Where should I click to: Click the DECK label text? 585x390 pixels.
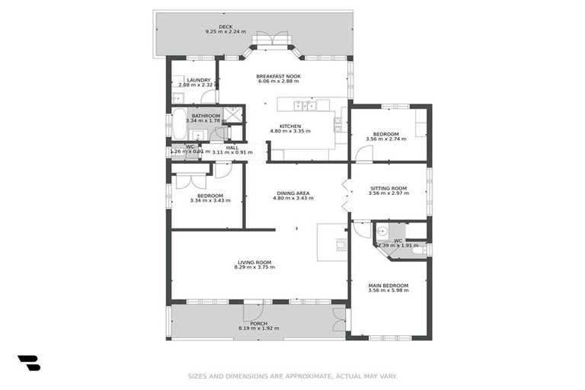point(225,27)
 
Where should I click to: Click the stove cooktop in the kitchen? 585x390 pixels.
point(337,124)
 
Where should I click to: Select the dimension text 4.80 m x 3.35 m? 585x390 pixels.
point(289,131)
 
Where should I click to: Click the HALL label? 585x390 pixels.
point(232,148)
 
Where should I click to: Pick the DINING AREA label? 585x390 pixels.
point(293,193)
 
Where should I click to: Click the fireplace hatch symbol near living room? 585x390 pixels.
point(341,245)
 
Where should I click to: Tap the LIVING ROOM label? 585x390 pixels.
point(254,263)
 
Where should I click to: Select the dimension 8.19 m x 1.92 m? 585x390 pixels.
point(258,328)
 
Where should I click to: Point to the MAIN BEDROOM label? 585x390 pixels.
point(388,286)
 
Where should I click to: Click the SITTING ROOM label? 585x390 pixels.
point(388,188)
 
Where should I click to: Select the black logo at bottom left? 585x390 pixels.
point(28,363)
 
